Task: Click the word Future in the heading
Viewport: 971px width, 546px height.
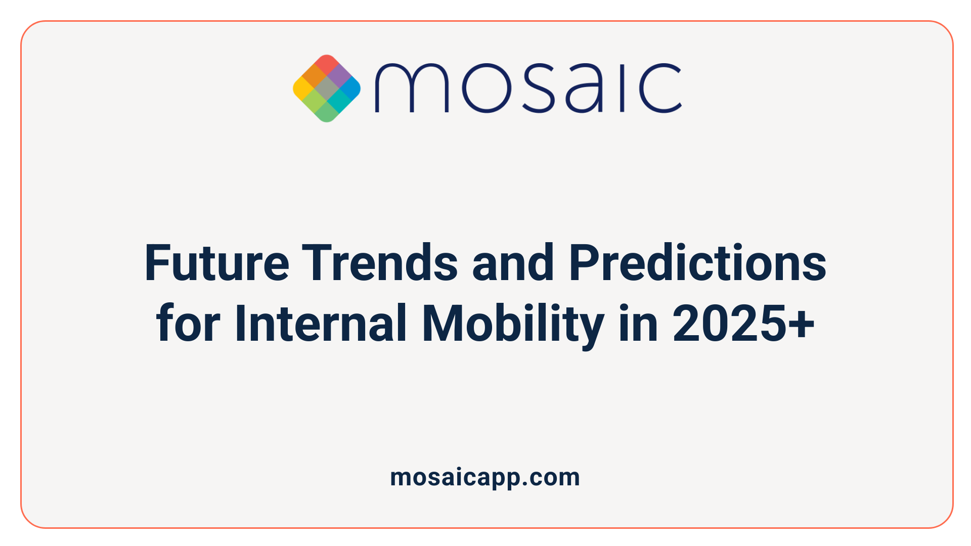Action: pyautogui.click(x=216, y=263)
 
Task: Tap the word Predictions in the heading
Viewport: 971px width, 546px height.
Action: pyautogui.click(x=697, y=263)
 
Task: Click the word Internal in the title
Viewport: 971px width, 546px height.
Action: pyautogui.click(x=321, y=324)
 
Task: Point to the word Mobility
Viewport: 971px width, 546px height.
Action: pyautogui.click(x=512, y=324)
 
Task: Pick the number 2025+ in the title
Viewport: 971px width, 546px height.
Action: pyautogui.click(x=743, y=324)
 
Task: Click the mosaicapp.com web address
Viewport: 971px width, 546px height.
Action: pyautogui.click(x=485, y=477)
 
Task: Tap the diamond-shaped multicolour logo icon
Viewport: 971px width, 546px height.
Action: pyautogui.click(x=327, y=88)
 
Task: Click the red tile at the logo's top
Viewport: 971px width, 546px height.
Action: pyautogui.click(x=327, y=64)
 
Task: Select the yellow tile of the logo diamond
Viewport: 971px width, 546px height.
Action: pyautogui.click(x=302, y=88)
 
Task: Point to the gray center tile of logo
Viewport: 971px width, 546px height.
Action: pyautogui.click(x=327, y=88)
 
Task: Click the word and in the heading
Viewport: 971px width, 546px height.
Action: pyautogui.click(x=513, y=263)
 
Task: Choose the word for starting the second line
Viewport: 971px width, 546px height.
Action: pyautogui.click(x=188, y=324)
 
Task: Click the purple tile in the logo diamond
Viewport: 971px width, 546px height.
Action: pyautogui.click(x=339, y=76)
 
